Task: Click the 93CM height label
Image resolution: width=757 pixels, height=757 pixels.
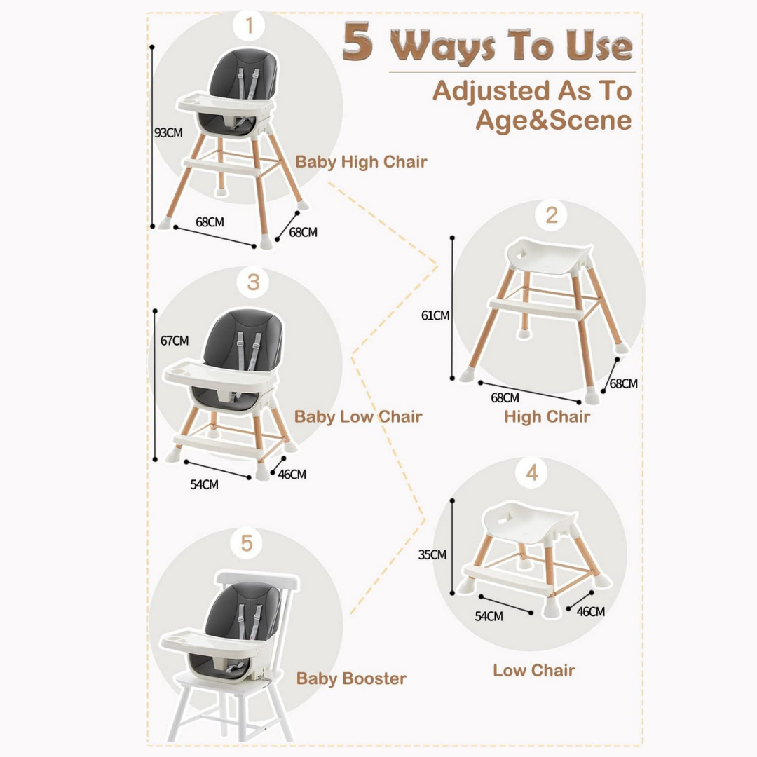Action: click(x=168, y=132)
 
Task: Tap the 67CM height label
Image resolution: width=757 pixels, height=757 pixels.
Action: click(x=175, y=341)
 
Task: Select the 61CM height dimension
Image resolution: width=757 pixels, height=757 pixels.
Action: click(x=435, y=315)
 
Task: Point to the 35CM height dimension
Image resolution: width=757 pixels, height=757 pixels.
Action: click(x=432, y=554)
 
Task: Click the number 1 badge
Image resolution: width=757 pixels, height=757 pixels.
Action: click(x=249, y=25)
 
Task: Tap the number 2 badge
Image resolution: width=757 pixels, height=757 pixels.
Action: click(x=552, y=215)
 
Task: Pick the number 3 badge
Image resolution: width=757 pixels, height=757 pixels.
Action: click(x=253, y=282)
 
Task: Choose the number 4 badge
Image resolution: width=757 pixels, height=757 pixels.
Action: click(x=531, y=472)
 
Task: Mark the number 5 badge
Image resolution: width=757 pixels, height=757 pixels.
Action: click(x=247, y=544)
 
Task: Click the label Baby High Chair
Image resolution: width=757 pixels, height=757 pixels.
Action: click(x=361, y=162)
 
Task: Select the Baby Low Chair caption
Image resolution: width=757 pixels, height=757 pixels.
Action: click(x=358, y=416)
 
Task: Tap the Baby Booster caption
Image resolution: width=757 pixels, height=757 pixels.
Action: click(x=351, y=678)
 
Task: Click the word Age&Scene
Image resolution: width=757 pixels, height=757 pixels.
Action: click(x=554, y=120)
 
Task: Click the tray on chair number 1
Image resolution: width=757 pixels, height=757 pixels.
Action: click(x=225, y=103)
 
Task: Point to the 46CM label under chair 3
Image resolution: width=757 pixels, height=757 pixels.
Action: click(x=292, y=474)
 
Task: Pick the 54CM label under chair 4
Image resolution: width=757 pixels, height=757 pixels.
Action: click(x=489, y=616)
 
